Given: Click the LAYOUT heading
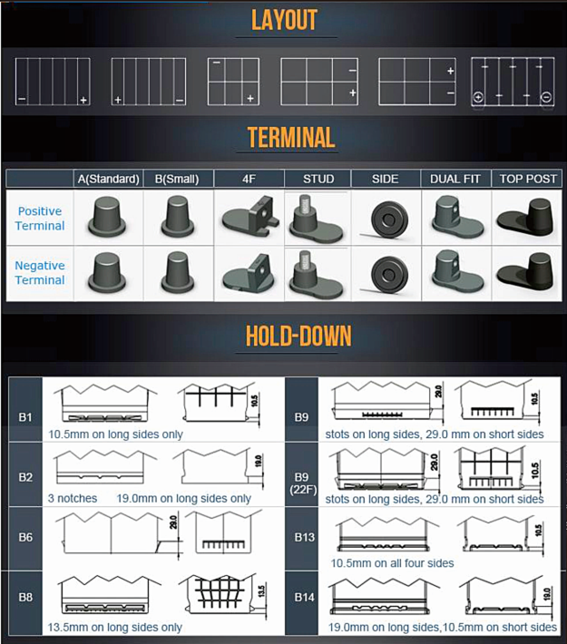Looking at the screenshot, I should tap(284, 20).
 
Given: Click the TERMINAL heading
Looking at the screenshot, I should tap(290, 138).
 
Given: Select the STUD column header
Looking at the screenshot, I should tap(318, 179).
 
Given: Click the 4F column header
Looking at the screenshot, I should tap(249, 179).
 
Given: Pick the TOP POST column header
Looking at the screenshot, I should tap(527, 179).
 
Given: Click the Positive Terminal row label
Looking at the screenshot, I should tap(41, 219).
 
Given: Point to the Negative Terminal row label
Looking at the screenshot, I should tap(40, 273).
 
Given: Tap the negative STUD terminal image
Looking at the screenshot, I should tap(317, 273).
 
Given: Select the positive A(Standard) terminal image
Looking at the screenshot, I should tap(108, 219).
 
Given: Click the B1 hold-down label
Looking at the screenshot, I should tap(25, 417).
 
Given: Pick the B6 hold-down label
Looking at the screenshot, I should tap(25, 537).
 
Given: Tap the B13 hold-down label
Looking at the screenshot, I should tap(304, 537).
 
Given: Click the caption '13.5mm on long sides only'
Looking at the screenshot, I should tap(115, 627).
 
